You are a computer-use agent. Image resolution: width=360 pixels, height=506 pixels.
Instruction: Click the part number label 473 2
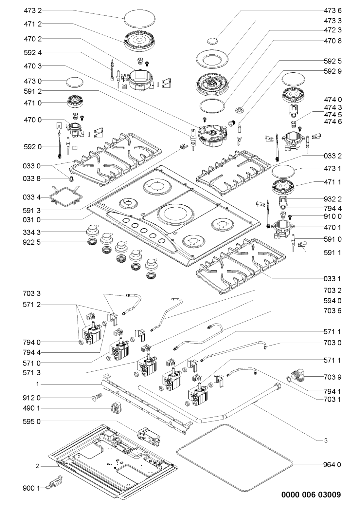[x=33, y=11]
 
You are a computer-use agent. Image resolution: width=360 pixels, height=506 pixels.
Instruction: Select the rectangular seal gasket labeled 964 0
[x=234, y=445]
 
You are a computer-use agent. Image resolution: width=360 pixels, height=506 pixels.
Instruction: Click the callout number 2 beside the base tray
[x=38, y=466]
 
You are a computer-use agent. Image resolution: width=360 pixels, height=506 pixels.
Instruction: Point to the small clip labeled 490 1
[x=115, y=408]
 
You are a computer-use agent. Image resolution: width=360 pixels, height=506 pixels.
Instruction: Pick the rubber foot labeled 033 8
[x=71, y=178]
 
